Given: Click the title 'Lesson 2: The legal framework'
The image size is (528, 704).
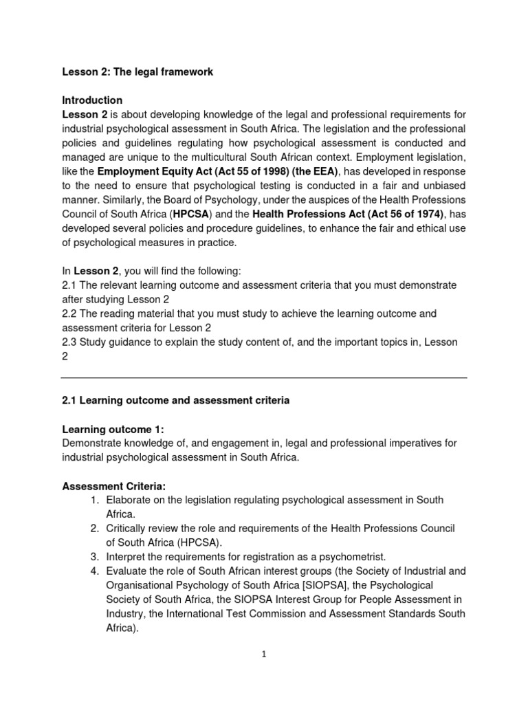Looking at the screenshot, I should click(138, 71).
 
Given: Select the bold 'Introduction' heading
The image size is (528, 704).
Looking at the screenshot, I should click(92, 100).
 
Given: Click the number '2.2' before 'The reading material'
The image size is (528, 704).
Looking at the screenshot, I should click(70, 313).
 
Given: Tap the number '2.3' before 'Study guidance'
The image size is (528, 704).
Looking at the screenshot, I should click(70, 342).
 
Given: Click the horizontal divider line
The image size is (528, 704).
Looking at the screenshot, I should click(264, 377).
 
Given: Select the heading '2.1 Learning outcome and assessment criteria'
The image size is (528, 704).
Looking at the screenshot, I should click(175, 400).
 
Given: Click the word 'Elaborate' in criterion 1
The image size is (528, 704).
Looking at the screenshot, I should click(129, 500).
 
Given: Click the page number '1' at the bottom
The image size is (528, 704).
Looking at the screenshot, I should click(264, 654).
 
